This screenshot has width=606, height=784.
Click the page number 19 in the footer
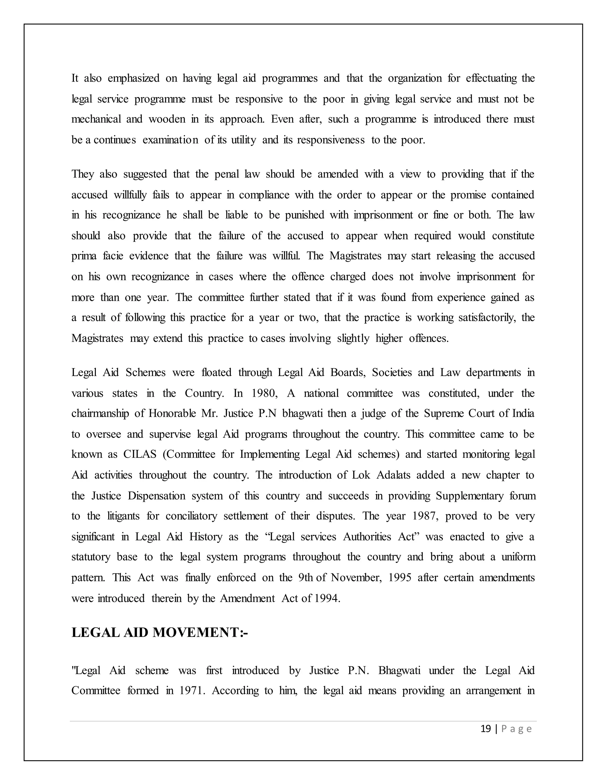485,729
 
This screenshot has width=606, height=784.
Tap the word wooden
167,119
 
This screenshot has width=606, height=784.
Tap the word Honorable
172,414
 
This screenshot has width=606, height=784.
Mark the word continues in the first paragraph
115,140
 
